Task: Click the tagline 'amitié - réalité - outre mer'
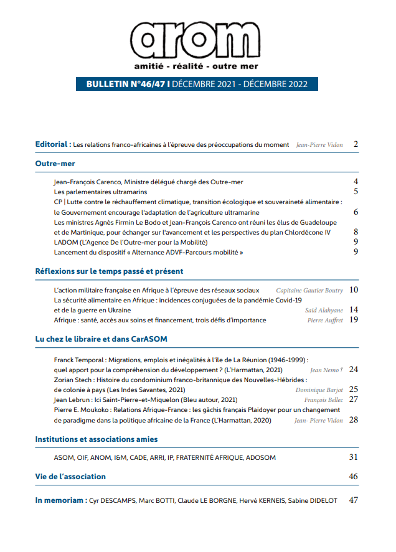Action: (196, 66)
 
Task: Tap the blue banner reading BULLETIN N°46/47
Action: (197, 85)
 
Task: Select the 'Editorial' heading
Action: (52, 144)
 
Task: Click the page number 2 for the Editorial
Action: (356, 144)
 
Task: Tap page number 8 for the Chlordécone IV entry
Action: (356, 232)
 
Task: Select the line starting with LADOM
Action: (131, 242)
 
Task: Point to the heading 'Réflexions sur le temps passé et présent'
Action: (109, 271)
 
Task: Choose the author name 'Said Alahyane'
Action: (323, 310)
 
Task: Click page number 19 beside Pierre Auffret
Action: (354, 320)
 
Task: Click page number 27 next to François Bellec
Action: (354, 400)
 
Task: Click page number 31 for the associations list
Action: (354, 457)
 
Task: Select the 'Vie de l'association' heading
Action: (70, 477)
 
